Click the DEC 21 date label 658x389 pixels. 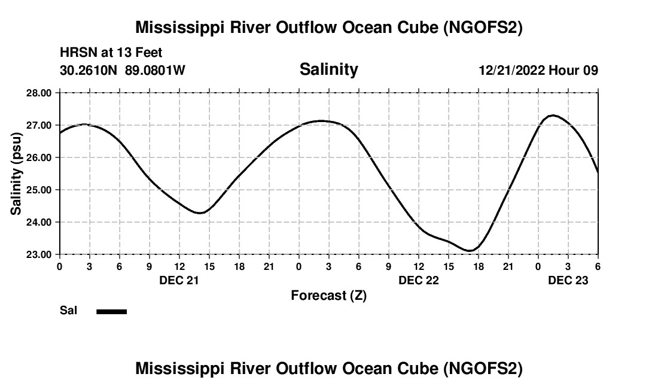click(179, 280)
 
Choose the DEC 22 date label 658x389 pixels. click(418, 280)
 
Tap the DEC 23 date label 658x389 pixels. click(568, 280)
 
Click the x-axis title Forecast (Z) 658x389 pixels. click(328, 295)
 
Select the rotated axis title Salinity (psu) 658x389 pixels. click(16, 174)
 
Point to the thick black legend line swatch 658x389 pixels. click(111, 311)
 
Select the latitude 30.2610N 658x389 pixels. click(89, 71)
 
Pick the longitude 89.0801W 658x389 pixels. click(155, 71)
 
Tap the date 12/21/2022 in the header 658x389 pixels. click(511, 71)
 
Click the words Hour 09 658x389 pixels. click(574, 71)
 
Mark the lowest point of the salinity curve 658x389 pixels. click(470, 251)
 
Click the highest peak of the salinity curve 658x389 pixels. click(553, 115)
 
